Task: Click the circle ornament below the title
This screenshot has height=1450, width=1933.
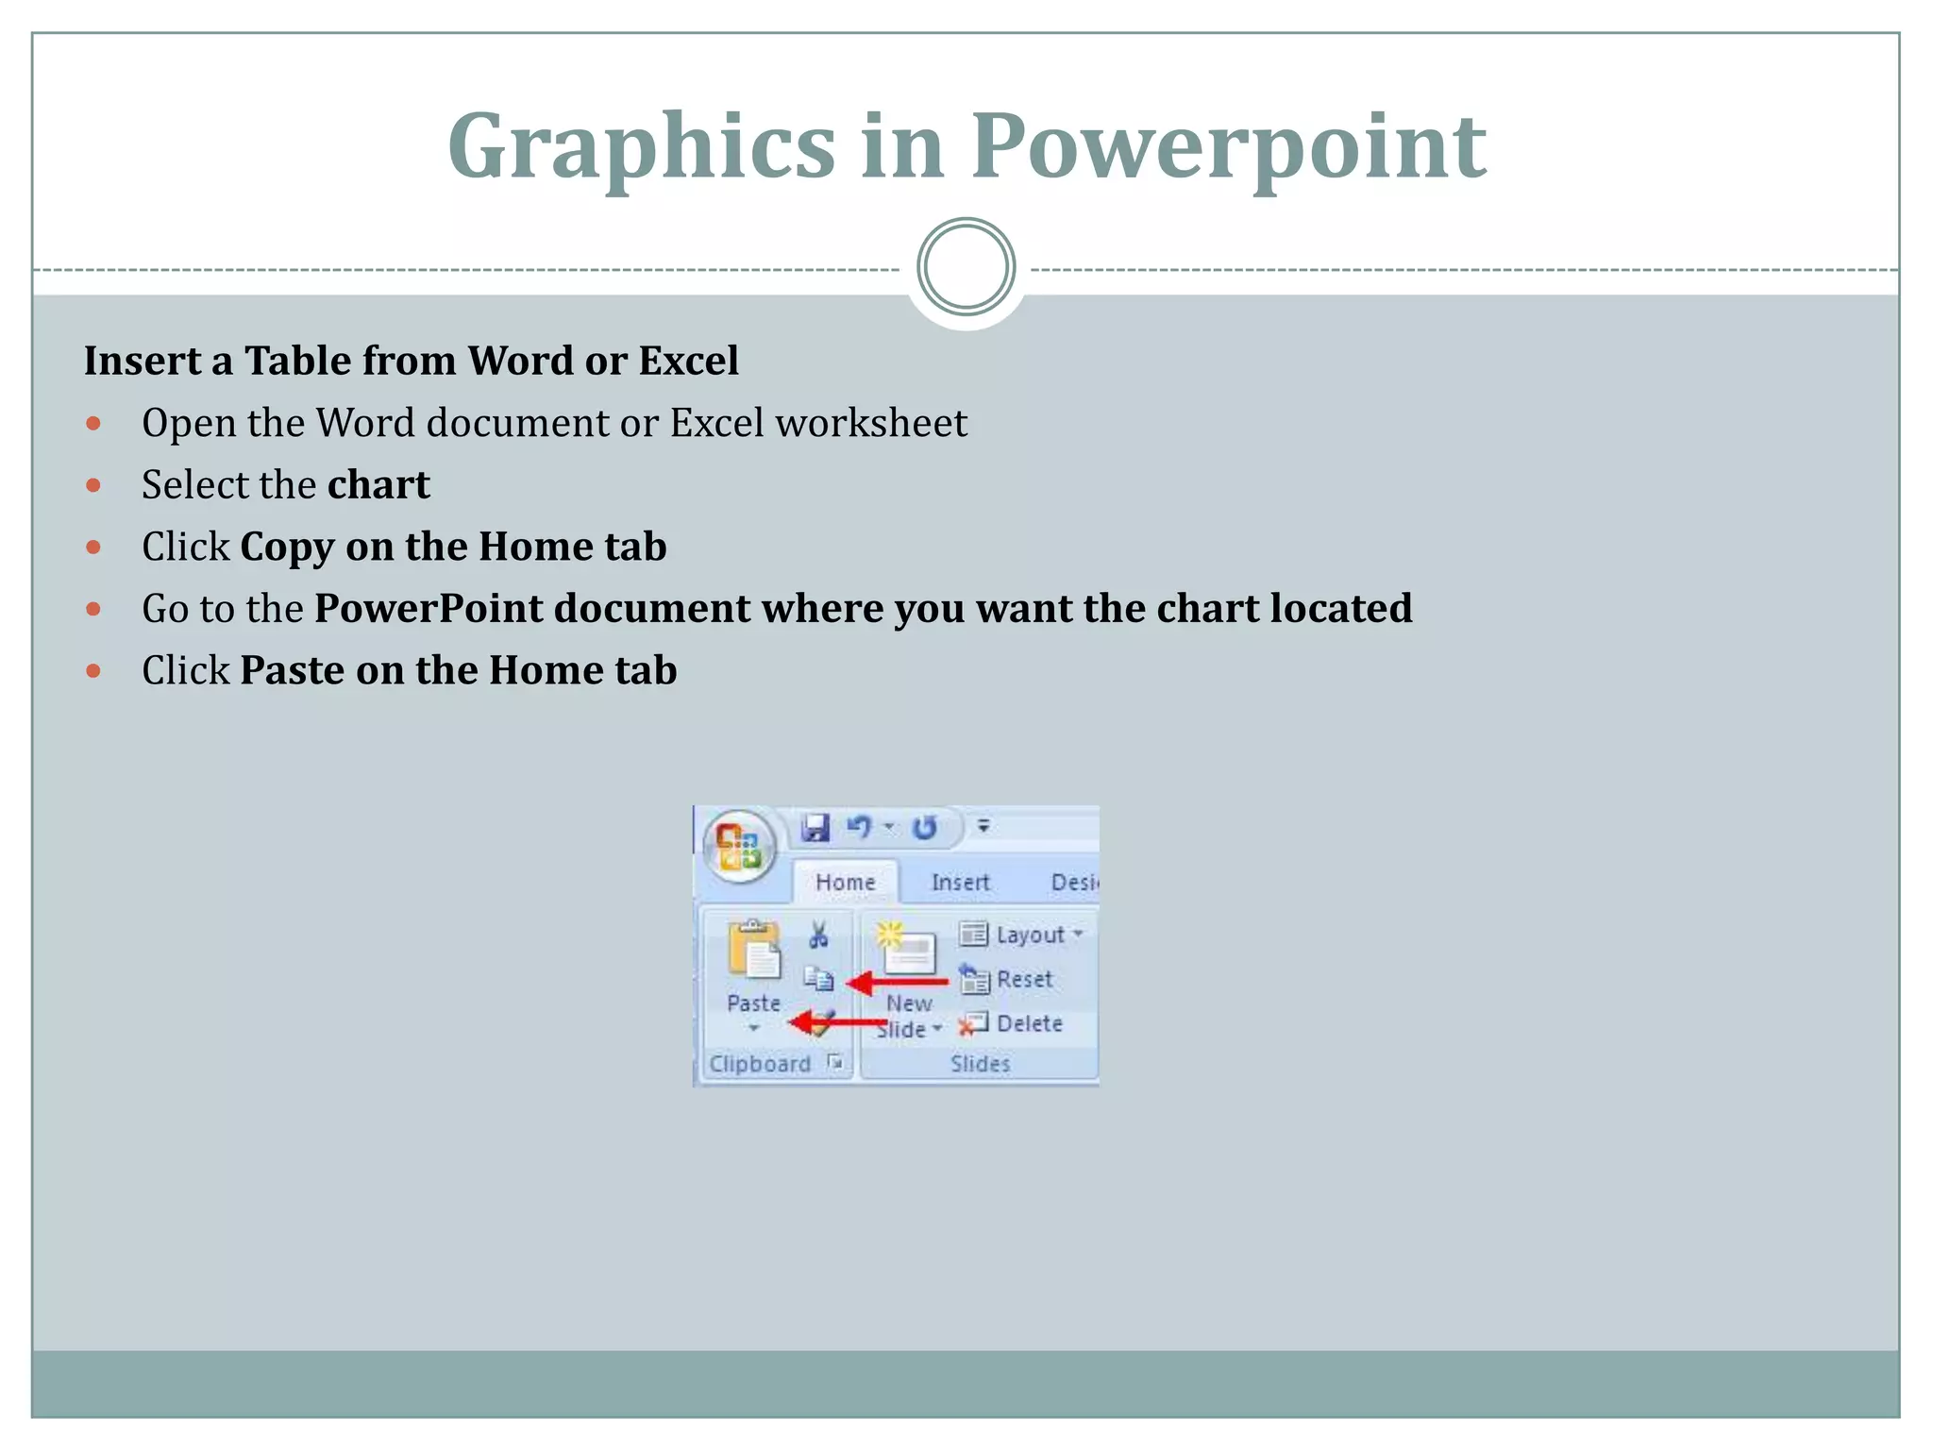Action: pyautogui.click(x=966, y=267)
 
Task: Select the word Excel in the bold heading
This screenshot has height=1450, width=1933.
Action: pyautogui.click(x=688, y=361)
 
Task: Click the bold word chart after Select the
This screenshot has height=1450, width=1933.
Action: pyautogui.click(x=378, y=485)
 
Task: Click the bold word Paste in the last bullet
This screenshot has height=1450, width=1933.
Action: pyautogui.click(x=292, y=671)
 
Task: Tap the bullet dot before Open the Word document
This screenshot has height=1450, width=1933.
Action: pyautogui.click(x=93, y=423)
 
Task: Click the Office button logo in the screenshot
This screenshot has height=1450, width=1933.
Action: pyautogui.click(x=739, y=845)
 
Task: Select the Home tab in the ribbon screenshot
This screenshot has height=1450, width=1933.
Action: pyautogui.click(x=845, y=882)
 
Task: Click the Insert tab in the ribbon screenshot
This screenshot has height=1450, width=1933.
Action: pyautogui.click(x=960, y=882)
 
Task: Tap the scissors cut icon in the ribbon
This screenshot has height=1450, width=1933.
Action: pyautogui.click(x=818, y=935)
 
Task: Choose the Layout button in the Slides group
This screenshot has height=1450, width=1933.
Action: pyautogui.click(x=1021, y=935)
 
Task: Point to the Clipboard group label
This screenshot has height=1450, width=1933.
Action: pyautogui.click(x=760, y=1064)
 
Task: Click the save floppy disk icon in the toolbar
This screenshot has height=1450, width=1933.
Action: pyautogui.click(x=815, y=828)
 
